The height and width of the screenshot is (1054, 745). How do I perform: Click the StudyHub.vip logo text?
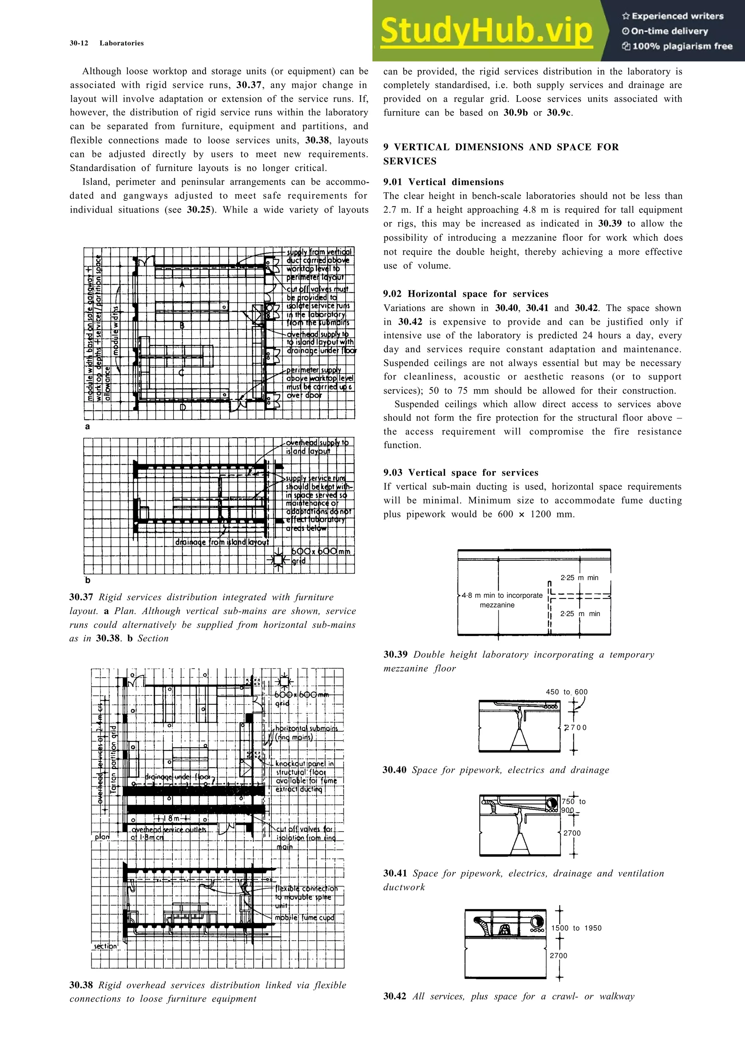click(x=486, y=31)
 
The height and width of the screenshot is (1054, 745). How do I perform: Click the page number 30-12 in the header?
click(x=79, y=43)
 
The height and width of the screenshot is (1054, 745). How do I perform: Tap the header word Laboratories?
click(x=121, y=43)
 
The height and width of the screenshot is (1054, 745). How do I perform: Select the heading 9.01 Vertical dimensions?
click(x=443, y=182)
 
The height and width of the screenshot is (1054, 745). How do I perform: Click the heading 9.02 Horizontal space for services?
click(x=466, y=294)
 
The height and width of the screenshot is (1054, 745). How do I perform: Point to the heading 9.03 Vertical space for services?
click(x=461, y=472)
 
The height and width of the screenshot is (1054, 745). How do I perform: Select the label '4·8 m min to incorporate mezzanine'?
click(x=501, y=600)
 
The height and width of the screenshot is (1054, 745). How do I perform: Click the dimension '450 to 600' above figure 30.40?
click(x=566, y=692)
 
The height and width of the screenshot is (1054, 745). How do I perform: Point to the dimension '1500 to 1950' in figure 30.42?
click(x=576, y=928)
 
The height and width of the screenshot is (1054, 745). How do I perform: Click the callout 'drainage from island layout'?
click(x=222, y=542)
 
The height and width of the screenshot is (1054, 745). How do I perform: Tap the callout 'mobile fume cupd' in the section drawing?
click(x=304, y=918)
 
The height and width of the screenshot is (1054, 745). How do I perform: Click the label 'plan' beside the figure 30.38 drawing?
click(x=102, y=837)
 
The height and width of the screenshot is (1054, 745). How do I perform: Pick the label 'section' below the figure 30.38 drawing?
click(x=105, y=946)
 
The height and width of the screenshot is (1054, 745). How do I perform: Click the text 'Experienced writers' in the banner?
click(x=677, y=16)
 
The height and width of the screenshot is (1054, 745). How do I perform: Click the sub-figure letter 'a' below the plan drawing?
click(x=88, y=427)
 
